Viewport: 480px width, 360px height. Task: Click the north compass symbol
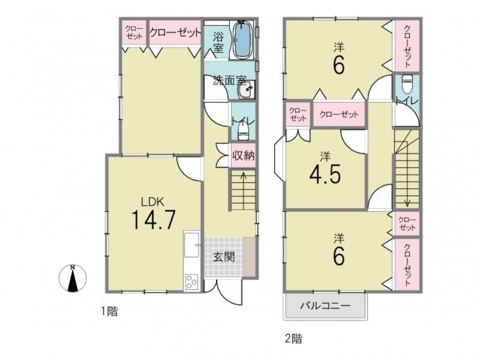pos(73,278)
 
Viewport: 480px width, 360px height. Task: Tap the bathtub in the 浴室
pos(243,39)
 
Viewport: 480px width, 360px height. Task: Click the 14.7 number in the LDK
pos(154,220)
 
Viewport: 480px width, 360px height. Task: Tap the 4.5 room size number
pos(325,175)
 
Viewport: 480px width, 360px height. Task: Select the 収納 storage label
pos(243,155)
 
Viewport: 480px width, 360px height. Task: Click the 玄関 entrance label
pos(224,257)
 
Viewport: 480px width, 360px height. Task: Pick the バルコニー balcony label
pos(325,305)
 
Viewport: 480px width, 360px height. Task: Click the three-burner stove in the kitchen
pos(191,281)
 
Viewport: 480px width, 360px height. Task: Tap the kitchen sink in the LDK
pos(192,245)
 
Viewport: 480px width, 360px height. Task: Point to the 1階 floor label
pos(110,311)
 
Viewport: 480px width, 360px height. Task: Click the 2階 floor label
pos(293,338)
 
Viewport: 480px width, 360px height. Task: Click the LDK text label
pos(153,202)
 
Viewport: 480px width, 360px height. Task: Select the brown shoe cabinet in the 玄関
pos(249,257)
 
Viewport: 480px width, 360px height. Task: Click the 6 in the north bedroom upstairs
pos(338,65)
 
